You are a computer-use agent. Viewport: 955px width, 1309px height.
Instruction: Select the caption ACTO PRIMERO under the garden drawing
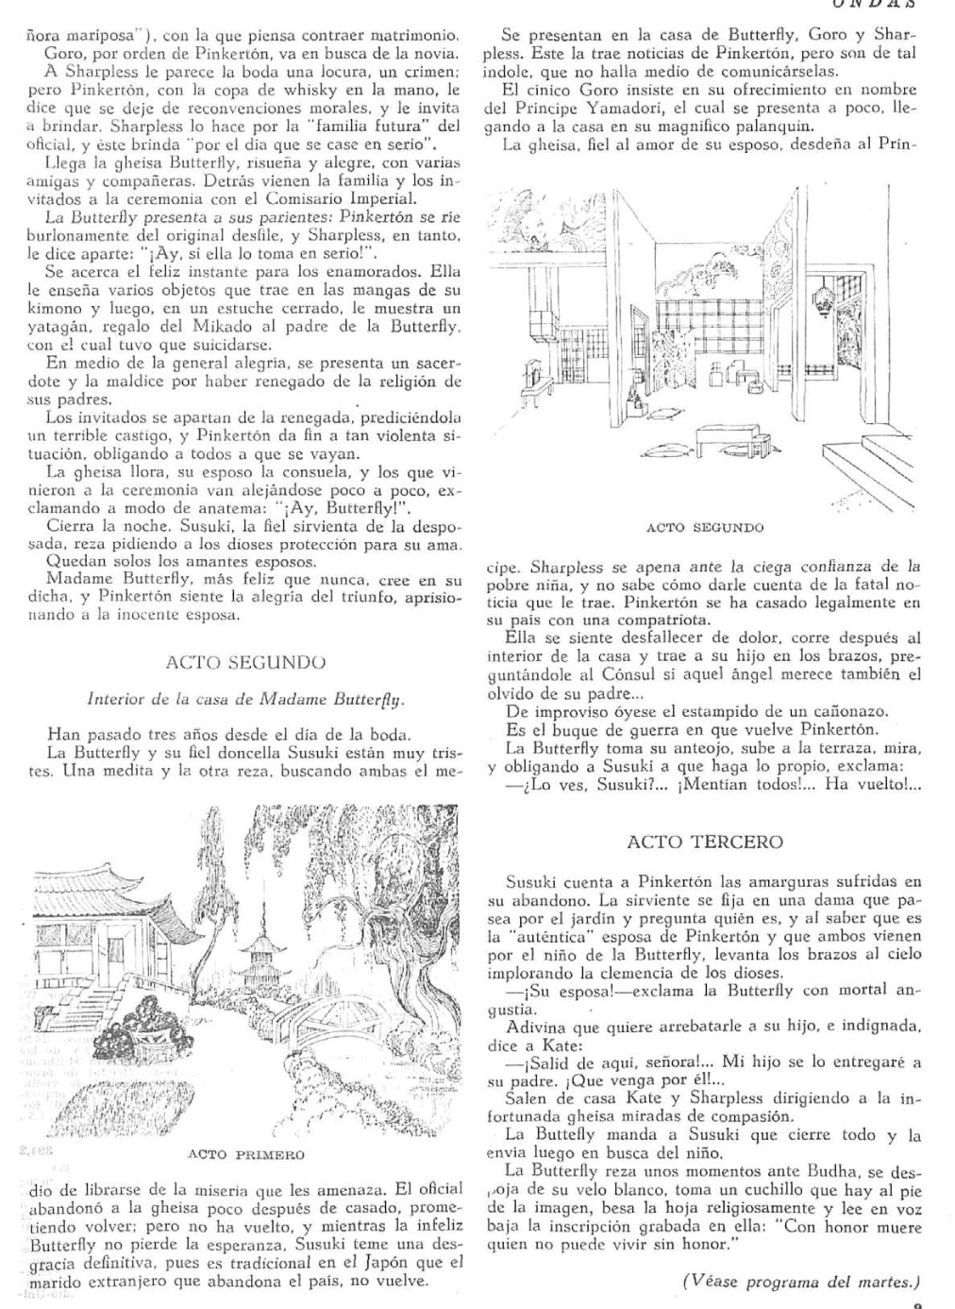point(246,1154)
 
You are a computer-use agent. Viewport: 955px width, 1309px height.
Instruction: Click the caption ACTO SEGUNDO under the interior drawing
point(705,527)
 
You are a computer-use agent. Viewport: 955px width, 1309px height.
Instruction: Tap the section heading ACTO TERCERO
point(704,841)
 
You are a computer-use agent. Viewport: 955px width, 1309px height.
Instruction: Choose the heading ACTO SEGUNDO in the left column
point(245,662)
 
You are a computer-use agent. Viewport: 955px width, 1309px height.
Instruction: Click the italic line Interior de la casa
point(244,700)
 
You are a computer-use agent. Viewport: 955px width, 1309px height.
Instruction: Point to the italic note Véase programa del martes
point(800,1281)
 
